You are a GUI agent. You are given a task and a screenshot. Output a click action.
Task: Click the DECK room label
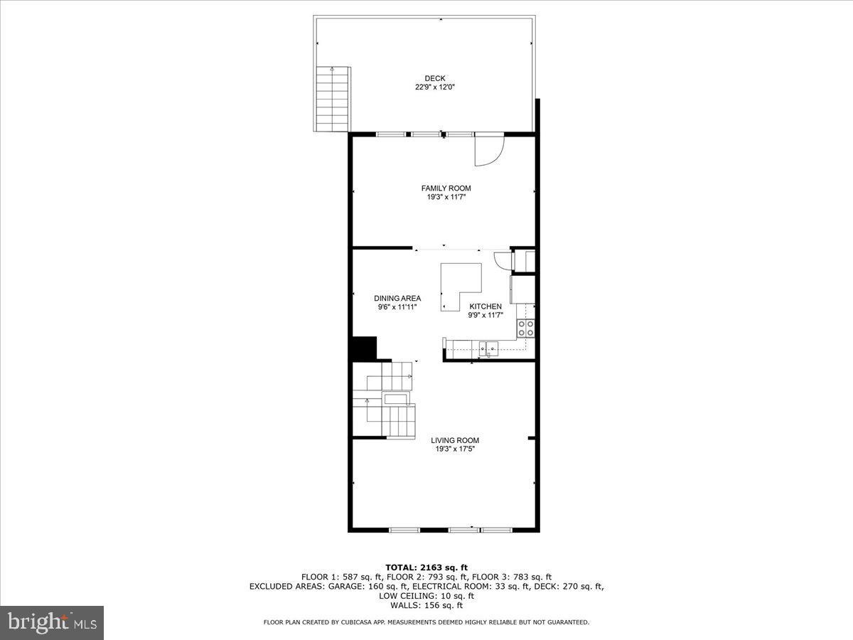(435, 78)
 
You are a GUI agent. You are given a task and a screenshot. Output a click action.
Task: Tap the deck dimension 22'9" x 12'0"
(435, 87)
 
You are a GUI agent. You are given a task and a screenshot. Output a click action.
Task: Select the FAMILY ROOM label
(446, 188)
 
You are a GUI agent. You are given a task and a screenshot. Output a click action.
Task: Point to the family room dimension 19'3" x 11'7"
(446, 198)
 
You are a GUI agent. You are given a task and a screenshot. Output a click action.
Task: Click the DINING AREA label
(397, 299)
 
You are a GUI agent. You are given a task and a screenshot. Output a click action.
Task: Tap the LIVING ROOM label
(455, 440)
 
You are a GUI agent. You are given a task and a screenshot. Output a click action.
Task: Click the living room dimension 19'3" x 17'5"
(455, 449)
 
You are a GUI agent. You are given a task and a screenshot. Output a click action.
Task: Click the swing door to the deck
(489, 151)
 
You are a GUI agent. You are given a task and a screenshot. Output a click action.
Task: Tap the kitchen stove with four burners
(526, 328)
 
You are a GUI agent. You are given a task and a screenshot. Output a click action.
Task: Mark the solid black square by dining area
(363, 348)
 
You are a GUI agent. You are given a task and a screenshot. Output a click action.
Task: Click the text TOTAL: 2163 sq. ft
(426, 567)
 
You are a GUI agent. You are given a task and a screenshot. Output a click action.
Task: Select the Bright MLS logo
(52, 623)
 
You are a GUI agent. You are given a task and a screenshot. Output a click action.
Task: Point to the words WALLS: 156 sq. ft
(426, 606)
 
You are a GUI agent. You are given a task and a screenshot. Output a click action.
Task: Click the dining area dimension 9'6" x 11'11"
(397, 308)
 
